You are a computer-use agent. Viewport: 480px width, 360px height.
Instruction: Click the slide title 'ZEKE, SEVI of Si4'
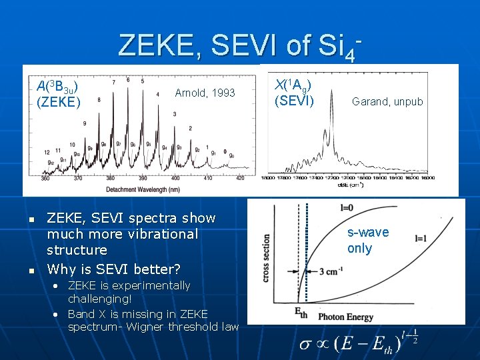[239, 45]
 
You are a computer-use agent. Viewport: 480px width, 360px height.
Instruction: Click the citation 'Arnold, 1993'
[205, 93]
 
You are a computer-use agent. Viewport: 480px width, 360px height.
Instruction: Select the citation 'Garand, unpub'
[387, 102]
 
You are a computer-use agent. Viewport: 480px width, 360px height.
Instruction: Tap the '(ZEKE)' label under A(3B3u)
[59, 102]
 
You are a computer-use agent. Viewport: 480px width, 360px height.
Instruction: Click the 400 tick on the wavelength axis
[175, 179]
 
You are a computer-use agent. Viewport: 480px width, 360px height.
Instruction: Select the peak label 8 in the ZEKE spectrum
[99, 100]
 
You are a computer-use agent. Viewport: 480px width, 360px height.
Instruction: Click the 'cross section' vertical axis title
[267, 257]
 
